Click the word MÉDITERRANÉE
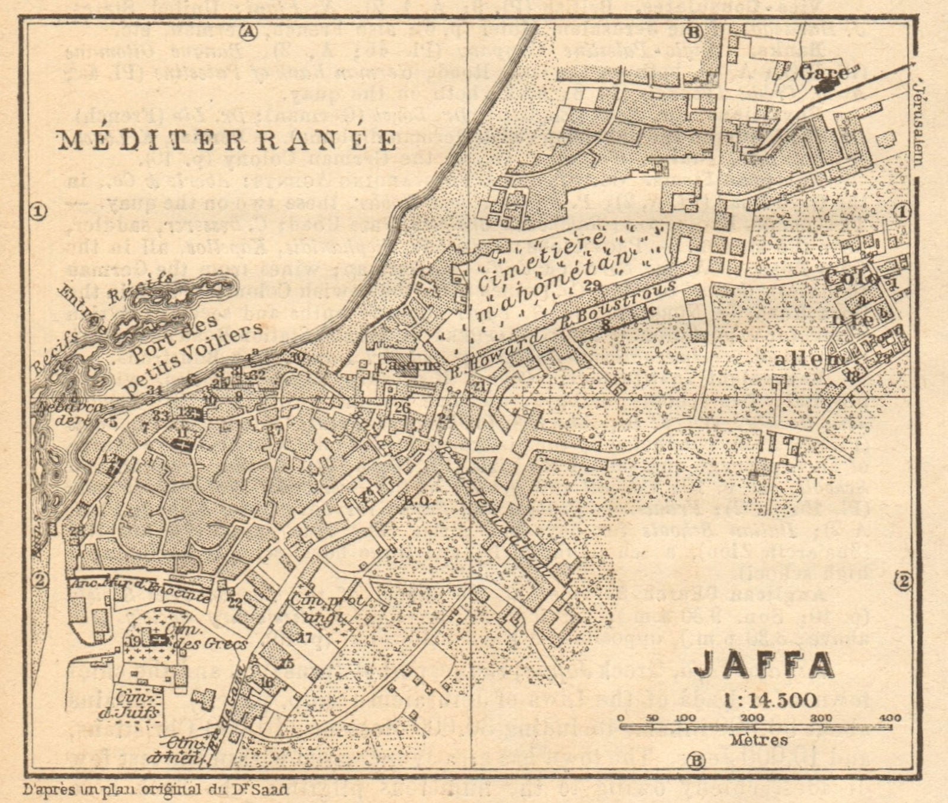226,141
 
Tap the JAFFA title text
764,665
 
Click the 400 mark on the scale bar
891,718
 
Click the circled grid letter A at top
247,33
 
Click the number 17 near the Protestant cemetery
305,638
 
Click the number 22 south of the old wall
235,603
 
